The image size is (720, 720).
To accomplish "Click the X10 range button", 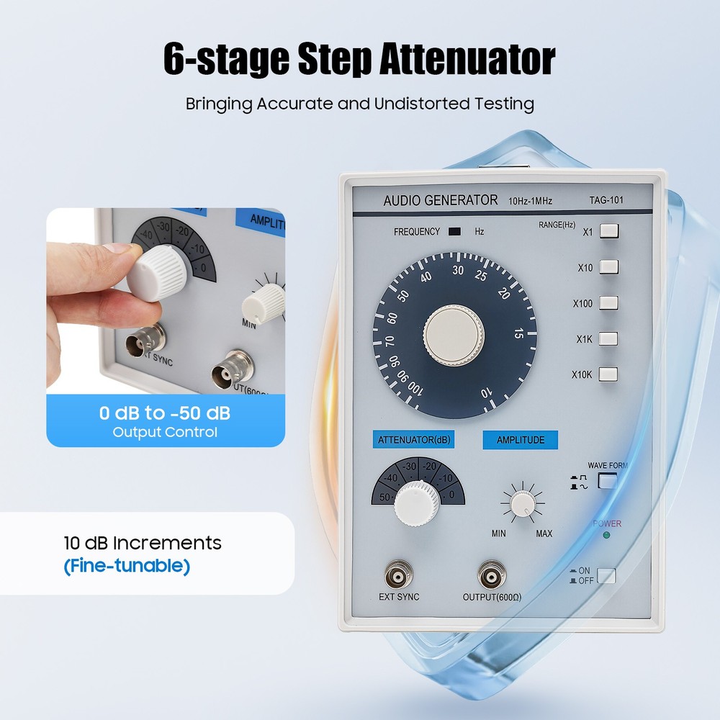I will (x=608, y=267).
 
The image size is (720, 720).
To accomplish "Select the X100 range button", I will (x=608, y=303).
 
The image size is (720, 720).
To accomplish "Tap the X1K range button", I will (x=608, y=338).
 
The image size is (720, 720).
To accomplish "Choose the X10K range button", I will (x=608, y=374).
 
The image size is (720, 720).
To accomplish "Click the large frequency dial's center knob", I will (x=454, y=336).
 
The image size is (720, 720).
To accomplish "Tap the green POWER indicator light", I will (x=607, y=535).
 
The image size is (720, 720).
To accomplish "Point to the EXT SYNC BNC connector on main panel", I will (x=398, y=575).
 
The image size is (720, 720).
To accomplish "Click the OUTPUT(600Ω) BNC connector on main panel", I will (x=492, y=575).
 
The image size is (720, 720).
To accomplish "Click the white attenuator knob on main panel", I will (x=417, y=501).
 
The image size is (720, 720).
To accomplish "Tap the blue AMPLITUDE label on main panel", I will (x=520, y=440).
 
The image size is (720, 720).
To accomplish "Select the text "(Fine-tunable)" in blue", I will (x=127, y=566).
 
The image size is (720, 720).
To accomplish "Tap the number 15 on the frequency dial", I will (x=518, y=334).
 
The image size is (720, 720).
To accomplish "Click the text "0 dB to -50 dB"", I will (x=165, y=414).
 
